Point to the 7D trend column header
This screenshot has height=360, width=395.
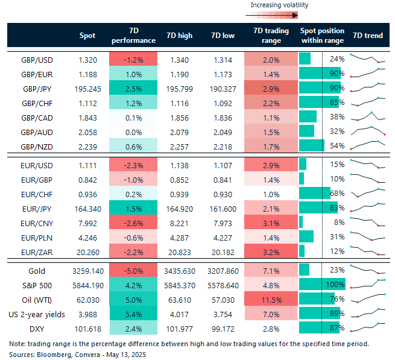pyautogui.click(x=367, y=36)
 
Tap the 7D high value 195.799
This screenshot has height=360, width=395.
pyautogui.click(x=179, y=88)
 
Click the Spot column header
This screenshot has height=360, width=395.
pyautogui.click(x=87, y=36)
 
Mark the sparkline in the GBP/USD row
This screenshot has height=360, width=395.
pyautogui.click(x=367, y=59)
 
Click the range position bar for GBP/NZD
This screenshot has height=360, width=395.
pyautogui.click(x=312, y=145)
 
